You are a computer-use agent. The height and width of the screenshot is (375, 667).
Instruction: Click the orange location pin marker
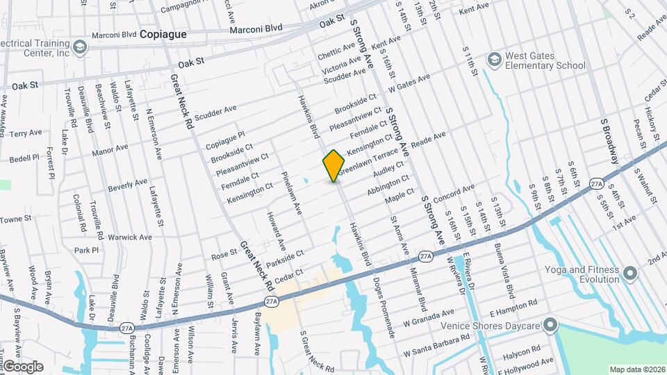click(x=333, y=165)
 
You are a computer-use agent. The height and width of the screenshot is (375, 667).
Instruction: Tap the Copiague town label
click(x=163, y=33)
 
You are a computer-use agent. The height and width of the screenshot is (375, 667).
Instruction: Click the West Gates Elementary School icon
click(x=494, y=58)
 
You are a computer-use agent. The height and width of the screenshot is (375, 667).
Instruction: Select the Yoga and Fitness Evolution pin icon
click(x=630, y=274)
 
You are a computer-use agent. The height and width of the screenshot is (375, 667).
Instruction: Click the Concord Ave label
click(x=454, y=194)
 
